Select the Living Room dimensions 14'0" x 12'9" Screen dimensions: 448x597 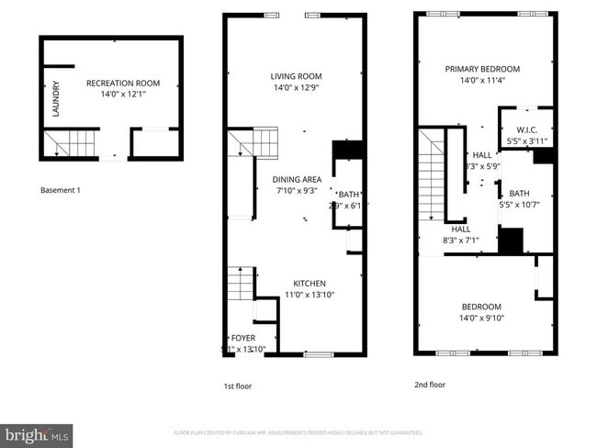pyautogui.click(x=296, y=88)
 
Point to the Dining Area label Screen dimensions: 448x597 pyautogui.click(x=296, y=179)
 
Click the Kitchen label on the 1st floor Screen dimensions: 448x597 pyautogui.click(x=310, y=283)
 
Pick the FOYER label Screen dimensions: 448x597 pyautogui.click(x=242, y=338)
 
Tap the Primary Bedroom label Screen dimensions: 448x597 pyautogui.click(x=482, y=69)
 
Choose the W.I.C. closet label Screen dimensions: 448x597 pyautogui.click(x=526, y=129)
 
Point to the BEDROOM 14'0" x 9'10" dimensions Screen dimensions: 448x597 pyautogui.click(x=482, y=318)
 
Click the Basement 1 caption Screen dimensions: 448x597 pyautogui.click(x=61, y=190)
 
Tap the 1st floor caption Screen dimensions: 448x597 pyautogui.click(x=237, y=386)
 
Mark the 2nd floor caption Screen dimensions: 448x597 pyautogui.click(x=430, y=385)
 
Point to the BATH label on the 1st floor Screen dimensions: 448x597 pyautogui.click(x=348, y=194)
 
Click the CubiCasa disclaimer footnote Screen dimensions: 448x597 pyautogui.click(x=298, y=431)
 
